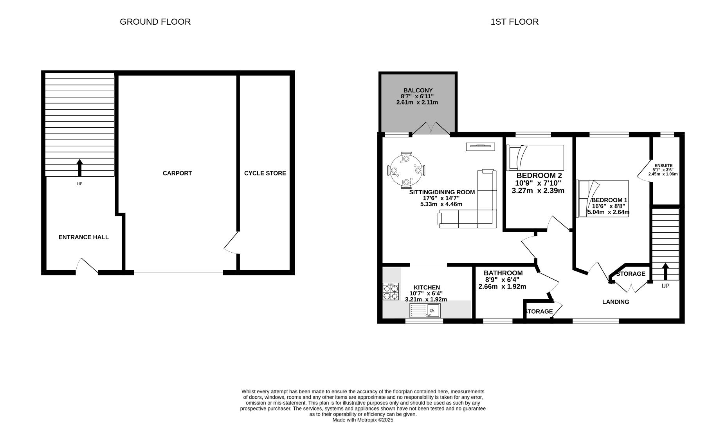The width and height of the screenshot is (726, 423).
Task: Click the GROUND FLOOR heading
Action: tap(155, 22)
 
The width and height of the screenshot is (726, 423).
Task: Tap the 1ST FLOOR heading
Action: tap(514, 22)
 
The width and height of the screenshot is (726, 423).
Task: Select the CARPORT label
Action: tap(177, 173)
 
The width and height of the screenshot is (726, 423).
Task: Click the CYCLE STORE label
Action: tap(265, 173)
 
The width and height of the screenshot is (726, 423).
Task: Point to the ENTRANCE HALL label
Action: tap(83, 237)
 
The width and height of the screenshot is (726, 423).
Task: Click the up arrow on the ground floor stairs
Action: tap(80, 168)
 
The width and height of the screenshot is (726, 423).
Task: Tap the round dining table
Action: tap(406, 171)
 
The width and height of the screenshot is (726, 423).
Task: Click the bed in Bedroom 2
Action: tap(535, 157)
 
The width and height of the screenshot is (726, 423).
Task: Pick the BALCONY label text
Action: tap(418, 90)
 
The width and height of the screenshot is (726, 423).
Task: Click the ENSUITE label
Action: tap(663, 166)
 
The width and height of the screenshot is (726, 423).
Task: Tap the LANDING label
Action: tap(615, 302)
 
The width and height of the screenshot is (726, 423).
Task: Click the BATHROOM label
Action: tap(503, 273)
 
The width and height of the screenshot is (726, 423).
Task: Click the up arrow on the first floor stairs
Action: tap(665, 271)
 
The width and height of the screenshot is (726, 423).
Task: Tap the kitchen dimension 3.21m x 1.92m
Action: tap(426, 299)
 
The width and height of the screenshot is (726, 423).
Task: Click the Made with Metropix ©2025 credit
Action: tap(363, 419)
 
